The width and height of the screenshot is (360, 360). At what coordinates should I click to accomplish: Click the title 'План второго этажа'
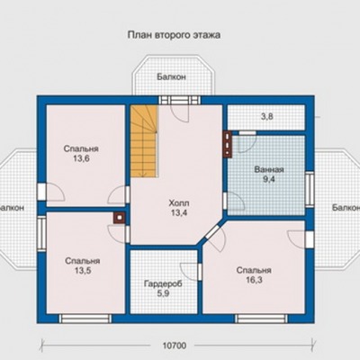pyautogui.click(x=174, y=35)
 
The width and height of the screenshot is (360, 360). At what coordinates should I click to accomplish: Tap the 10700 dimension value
pyautogui.click(x=175, y=346)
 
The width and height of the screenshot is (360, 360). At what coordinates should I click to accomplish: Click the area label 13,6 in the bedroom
pyautogui.click(x=81, y=158)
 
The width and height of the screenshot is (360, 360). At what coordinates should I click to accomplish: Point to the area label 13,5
pyautogui.click(x=83, y=271)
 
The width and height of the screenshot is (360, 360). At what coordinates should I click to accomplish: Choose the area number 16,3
pyautogui.click(x=254, y=280)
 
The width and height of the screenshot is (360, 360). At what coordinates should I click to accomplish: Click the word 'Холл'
pyautogui.click(x=179, y=203)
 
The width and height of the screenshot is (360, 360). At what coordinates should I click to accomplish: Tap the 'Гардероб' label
pyautogui.click(x=163, y=283)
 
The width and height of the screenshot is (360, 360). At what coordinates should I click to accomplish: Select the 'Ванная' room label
pyautogui.click(x=269, y=170)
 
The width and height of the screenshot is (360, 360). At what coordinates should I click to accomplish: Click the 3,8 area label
pyautogui.click(x=266, y=117)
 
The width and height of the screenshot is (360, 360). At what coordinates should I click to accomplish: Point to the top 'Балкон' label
pyautogui.click(x=171, y=76)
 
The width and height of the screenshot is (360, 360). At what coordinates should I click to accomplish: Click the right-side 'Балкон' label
pyautogui.click(x=346, y=208)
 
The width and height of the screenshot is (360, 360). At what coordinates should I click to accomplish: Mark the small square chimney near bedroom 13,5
pyautogui.click(x=120, y=218)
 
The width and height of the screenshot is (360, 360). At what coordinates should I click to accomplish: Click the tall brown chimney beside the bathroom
pyautogui.click(x=228, y=144)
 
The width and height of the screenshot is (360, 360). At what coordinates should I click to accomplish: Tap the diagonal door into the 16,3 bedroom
pyautogui.click(x=212, y=232)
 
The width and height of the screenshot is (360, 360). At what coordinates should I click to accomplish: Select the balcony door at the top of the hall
pyautogui.click(x=179, y=100)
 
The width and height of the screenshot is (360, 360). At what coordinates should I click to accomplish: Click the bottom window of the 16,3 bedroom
pyautogui.click(x=261, y=319)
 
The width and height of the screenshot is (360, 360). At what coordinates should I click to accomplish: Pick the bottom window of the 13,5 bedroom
pyautogui.click(x=85, y=319)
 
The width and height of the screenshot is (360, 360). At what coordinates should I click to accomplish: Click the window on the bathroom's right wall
pyautogui.click(x=310, y=189)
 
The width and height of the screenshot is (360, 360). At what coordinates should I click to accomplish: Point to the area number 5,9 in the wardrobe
pyautogui.click(x=163, y=293)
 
